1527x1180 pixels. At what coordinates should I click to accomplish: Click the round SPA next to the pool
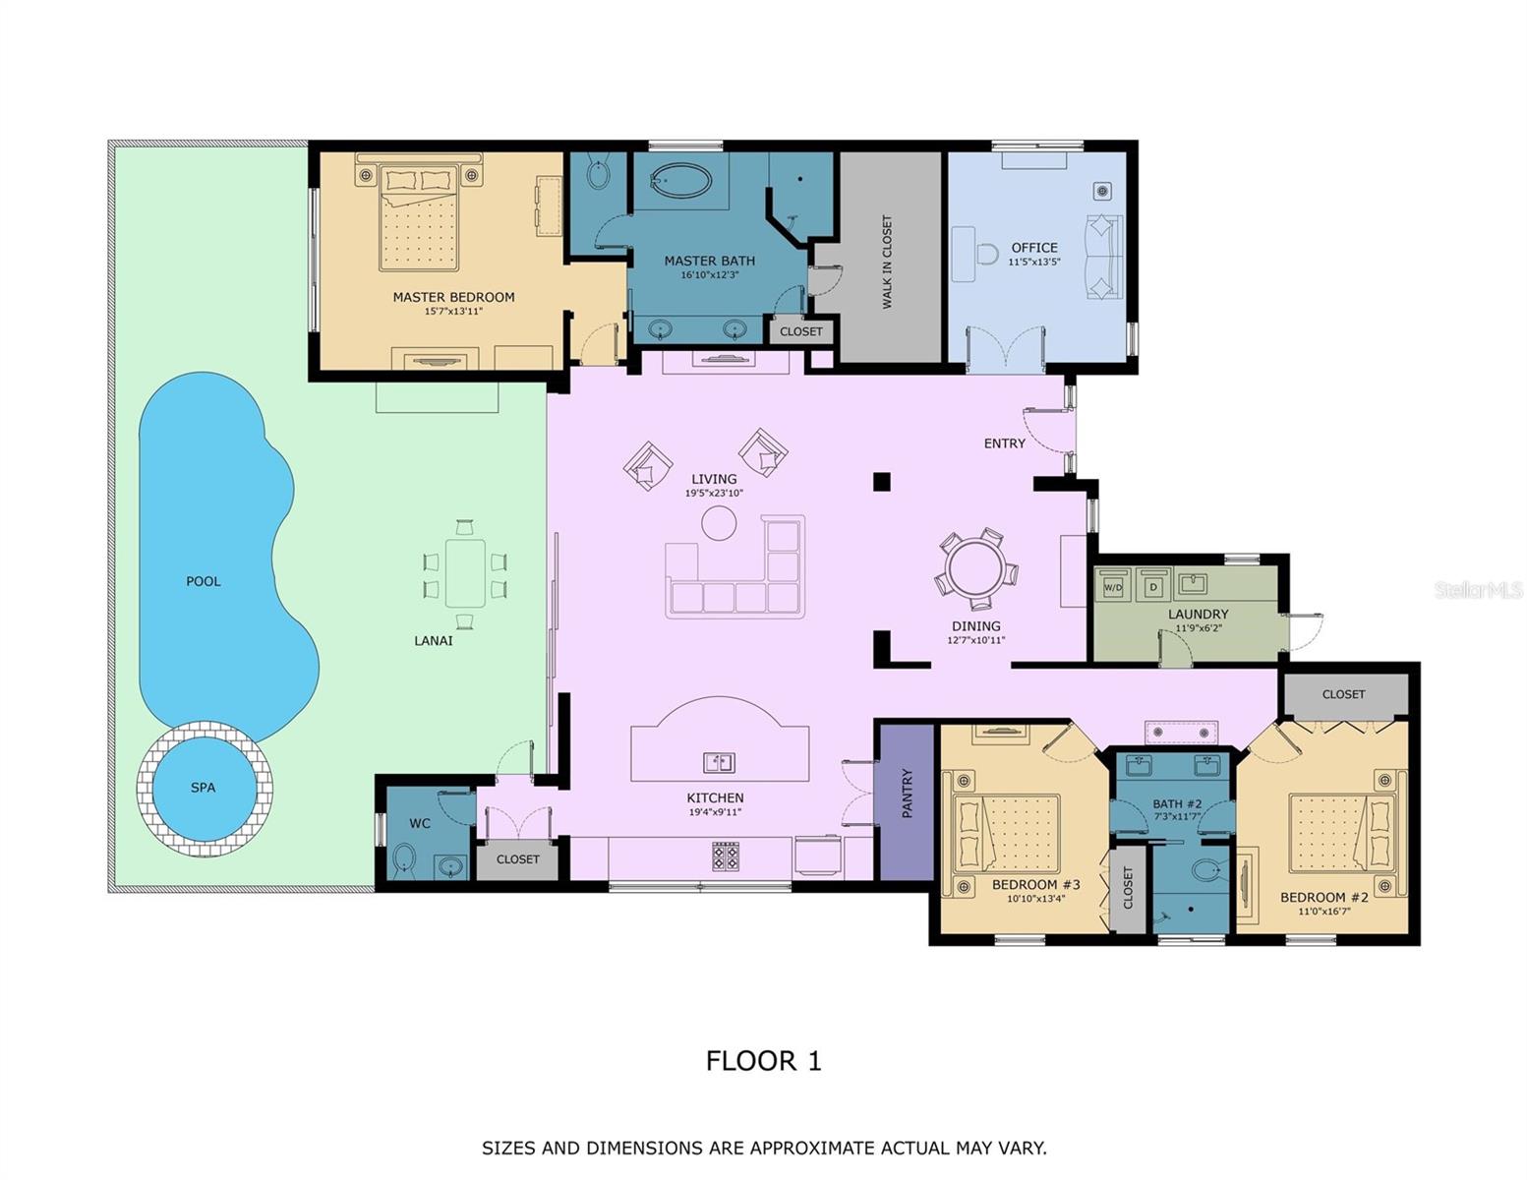(x=204, y=788)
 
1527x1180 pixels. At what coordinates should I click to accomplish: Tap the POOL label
(x=204, y=581)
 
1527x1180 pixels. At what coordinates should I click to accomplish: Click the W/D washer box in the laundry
(x=1113, y=587)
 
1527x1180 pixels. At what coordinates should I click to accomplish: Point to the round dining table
(x=976, y=568)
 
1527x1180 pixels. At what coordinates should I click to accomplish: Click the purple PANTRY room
(x=907, y=800)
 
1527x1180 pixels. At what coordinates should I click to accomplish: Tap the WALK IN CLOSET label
(x=888, y=262)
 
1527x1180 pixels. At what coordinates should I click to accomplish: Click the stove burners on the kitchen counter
(x=726, y=855)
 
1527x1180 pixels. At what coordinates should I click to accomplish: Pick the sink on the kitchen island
(x=719, y=762)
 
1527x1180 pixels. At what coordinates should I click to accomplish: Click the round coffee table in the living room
(x=719, y=522)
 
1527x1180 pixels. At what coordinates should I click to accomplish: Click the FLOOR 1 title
(x=763, y=1061)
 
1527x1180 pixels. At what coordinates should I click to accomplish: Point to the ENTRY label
(x=1004, y=443)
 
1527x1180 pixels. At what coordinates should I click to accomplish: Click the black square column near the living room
(x=882, y=481)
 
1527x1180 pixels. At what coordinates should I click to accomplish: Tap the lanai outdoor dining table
(x=465, y=573)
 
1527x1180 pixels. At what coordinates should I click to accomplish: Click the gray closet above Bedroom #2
(x=1344, y=694)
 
